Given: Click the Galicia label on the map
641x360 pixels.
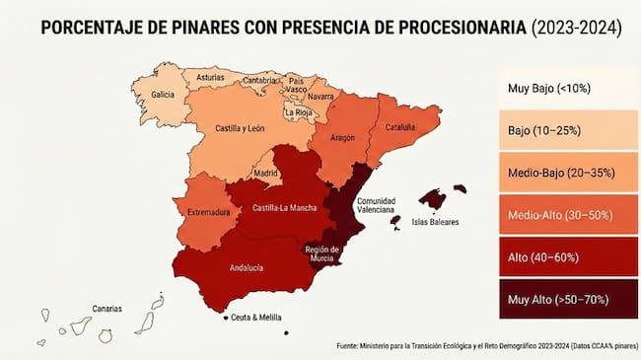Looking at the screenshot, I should click(x=164, y=95).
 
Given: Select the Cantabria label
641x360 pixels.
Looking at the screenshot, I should click(x=259, y=80).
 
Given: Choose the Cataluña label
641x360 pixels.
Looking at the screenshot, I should click(x=399, y=127).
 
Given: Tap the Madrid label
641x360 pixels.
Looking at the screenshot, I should click(x=266, y=173).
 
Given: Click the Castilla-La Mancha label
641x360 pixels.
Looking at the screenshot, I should click(x=284, y=208).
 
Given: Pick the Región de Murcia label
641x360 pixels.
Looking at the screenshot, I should click(x=322, y=253).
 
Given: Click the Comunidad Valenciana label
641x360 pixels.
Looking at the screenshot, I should click(x=375, y=205).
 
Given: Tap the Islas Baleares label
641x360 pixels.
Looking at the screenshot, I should click(x=435, y=223).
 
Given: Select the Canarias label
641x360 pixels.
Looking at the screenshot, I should click(x=107, y=309).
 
